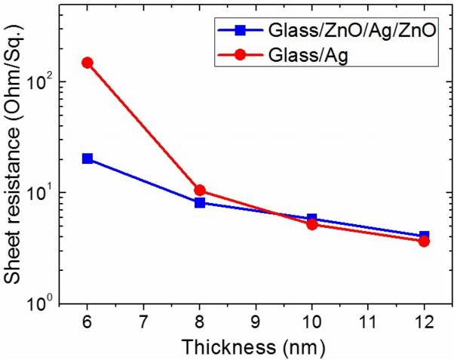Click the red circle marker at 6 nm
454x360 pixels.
pyautogui.click(x=87, y=63)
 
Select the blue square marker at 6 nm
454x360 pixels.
pyautogui.click(x=87, y=158)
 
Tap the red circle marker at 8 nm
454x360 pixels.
pyautogui.click(x=200, y=191)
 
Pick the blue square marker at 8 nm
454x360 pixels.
pyautogui.click(x=200, y=202)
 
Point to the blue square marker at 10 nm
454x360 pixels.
pyautogui.click(x=311, y=219)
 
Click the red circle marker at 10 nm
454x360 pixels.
pyautogui.click(x=311, y=224)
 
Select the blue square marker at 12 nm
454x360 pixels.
pyautogui.click(x=424, y=236)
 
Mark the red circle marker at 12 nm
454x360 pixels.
pyautogui.click(x=424, y=241)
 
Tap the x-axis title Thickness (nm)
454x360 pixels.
pyautogui.click(x=256, y=348)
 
